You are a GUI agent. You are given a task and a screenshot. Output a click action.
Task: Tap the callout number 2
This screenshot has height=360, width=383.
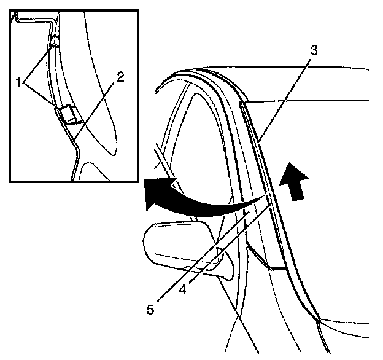pos(120,77)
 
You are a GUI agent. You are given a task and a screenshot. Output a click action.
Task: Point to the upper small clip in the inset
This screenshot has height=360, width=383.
pos(54,42)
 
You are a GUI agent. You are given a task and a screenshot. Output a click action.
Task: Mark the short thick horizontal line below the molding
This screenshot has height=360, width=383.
pos(276,268)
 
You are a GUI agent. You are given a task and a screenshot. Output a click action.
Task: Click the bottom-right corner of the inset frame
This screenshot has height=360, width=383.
pos(137,181)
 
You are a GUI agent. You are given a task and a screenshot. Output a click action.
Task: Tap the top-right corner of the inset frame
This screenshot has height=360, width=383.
pos(137,10)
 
